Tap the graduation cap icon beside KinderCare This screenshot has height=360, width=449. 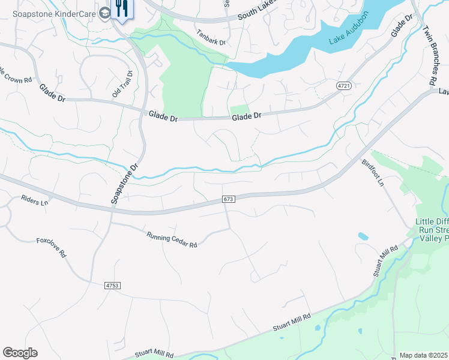pos(105,13)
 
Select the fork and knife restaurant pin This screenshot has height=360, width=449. pos(122,8)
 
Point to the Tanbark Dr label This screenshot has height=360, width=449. pos(210,43)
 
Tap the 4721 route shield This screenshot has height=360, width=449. pos(343,86)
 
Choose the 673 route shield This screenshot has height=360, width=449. pos(228,199)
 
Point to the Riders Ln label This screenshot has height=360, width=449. pos(34,201)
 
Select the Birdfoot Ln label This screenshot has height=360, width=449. pos(372,172)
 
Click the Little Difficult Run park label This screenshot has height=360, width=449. pos(432,230)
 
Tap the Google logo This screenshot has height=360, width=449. pos(20,353)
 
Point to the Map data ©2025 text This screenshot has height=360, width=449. pos(424,355)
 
